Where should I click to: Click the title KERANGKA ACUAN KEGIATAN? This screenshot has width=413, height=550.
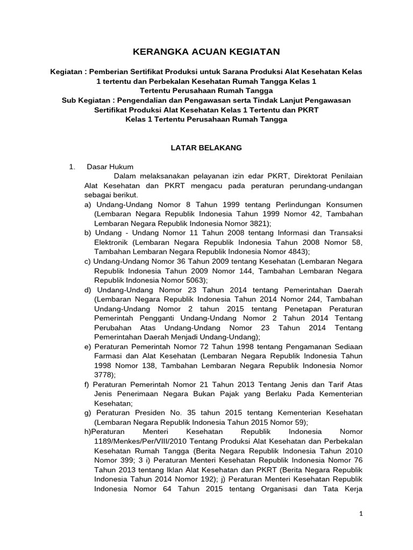click(207, 51)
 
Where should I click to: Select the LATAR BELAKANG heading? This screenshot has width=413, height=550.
click(206, 147)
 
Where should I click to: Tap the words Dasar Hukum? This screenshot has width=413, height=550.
click(110, 167)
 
